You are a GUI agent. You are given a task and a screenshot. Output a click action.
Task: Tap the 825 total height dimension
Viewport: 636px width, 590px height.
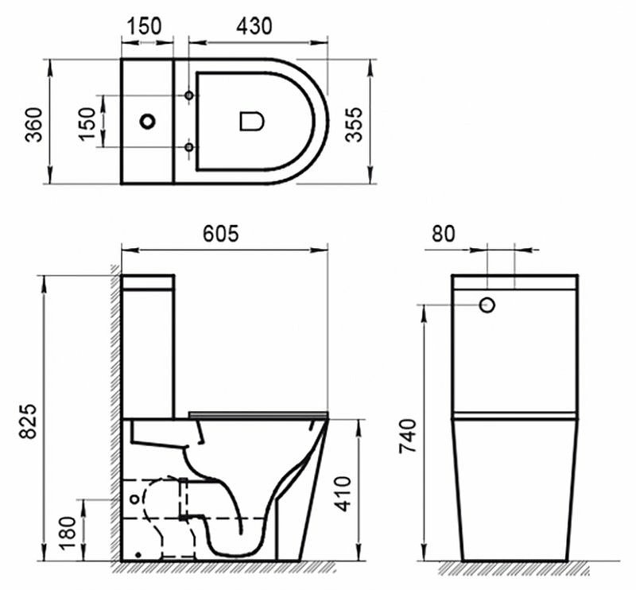(x=26, y=417)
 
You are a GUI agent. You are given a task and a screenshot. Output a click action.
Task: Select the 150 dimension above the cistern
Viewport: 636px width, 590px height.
(x=146, y=25)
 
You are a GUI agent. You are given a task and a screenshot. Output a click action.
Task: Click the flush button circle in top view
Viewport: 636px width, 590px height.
(x=147, y=122)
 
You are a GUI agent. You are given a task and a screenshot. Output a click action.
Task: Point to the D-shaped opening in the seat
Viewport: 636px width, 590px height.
(x=251, y=122)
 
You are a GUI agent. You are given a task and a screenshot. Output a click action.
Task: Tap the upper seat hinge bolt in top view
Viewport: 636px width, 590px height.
(x=189, y=95)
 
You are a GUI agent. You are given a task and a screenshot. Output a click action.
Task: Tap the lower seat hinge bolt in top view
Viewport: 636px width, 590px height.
(x=189, y=147)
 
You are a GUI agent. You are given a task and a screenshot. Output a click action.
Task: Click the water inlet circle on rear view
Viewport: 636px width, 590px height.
(x=488, y=304)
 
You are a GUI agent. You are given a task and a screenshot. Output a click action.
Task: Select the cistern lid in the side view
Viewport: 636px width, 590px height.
(x=147, y=282)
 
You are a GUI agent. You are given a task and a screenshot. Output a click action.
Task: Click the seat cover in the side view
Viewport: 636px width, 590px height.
(x=258, y=414)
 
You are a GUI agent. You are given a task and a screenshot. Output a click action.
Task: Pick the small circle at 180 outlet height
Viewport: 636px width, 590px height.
(x=134, y=499)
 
